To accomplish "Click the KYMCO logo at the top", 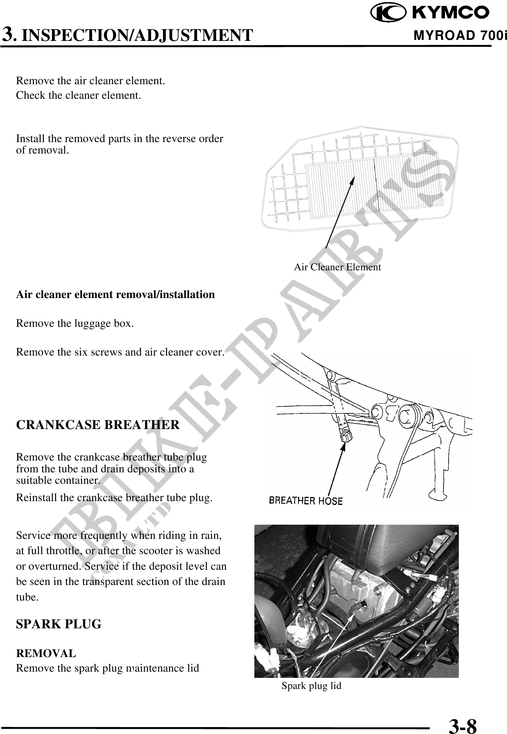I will point(430,13).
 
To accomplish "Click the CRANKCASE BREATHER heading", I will point(98,425).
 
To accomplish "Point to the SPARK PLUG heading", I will point(59,624).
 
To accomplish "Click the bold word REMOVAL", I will point(46,653).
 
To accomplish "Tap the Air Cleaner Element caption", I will point(337,267).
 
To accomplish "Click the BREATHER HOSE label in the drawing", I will point(306,501).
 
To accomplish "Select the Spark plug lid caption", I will point(311,685).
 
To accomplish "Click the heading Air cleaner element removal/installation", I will point(115,295).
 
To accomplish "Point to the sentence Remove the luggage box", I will point(75,324).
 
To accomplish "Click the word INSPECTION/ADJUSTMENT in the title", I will point(137,35).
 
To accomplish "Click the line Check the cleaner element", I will point(78,95).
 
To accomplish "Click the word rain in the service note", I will point(211,535).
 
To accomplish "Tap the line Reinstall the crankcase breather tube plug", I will point(114,498).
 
